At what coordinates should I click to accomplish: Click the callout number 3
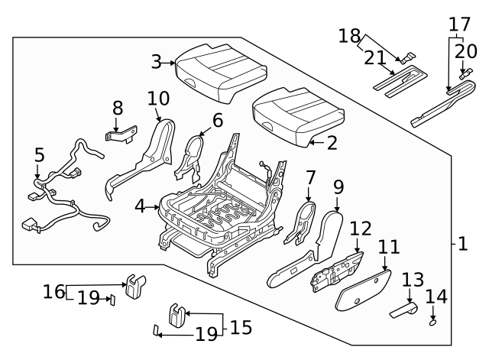point(156,61)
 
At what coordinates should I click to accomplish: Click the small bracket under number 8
point(118,135)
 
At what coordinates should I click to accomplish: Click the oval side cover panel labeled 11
point(362,290)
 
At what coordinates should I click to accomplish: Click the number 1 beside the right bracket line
point(462,245)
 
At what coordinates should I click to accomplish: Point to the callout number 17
point(459,23)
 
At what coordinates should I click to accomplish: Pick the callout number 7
point(310,178)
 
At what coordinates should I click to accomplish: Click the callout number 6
point(217,120)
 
